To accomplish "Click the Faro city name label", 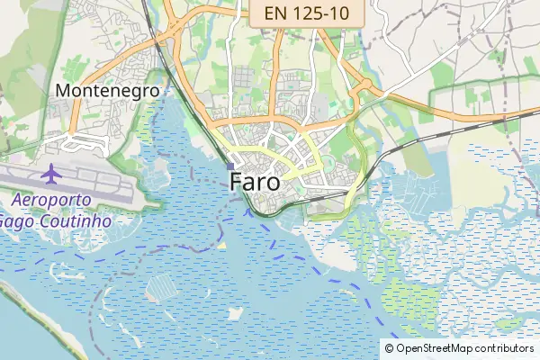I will tap(255, 181).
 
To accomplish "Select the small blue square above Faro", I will tap(230, 166).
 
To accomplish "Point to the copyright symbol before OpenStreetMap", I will tap(389, 348).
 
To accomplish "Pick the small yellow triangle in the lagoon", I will tap(222, 245).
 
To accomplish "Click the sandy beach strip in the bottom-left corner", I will tap(36, 315).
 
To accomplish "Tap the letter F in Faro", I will tap(237, 181).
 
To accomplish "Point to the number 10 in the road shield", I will tap(346, 13).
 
